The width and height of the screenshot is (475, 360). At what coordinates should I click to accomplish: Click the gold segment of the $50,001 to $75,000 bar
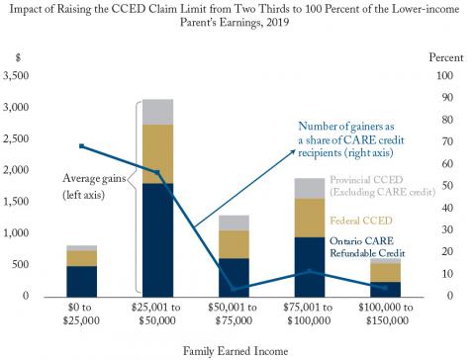coord(233,243)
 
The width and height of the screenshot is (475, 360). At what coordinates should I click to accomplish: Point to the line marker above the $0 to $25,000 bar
coord(81,146)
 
